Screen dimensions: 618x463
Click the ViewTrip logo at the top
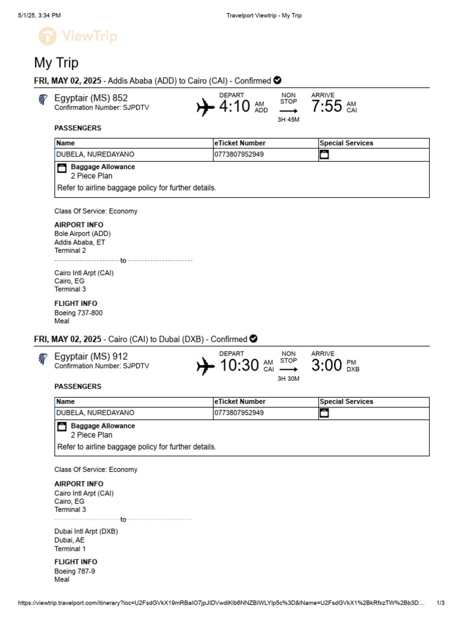(x=78, y=37)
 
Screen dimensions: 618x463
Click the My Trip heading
(x=56, y=63)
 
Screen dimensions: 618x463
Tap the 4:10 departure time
(x=234, y=107)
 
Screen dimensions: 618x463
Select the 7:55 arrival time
(x=326, y=107)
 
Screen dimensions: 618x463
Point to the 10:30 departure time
(x=239, y=365)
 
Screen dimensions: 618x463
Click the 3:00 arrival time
(x=326, y=365)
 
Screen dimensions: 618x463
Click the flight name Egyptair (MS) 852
(x=91, y=98)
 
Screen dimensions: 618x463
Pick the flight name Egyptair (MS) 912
(x=91, y=356)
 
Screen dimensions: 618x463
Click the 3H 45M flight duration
(x=288, y=119)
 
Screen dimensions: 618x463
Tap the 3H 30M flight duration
(x=288, y=378)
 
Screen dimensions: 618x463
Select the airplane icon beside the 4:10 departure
(x=206, y=107)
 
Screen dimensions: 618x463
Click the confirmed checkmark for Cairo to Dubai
(x=254, y=339)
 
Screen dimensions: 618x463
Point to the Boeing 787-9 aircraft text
(x=75, y=571)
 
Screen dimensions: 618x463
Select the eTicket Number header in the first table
(x=240, y=143)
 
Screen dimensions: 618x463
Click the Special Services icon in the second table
(x=324, y=413)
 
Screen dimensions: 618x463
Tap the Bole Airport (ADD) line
(x=83, y=234)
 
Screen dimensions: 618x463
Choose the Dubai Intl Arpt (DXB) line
(x=86, y=532)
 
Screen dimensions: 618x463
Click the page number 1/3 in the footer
(x=440, y=603)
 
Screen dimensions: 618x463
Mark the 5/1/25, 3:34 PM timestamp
(x=39, y=16)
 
